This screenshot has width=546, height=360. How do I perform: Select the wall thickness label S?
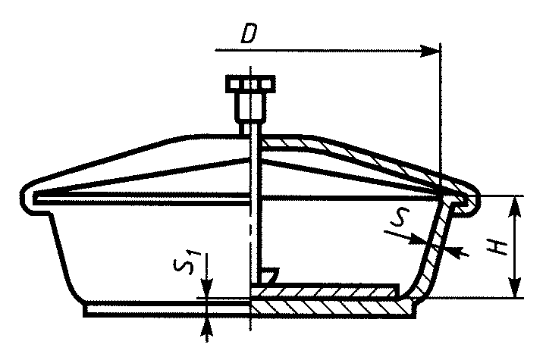pyautogui.click(x=400, y=218)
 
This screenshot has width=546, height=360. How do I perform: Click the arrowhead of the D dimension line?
pyautogui.click(x=430, y=51)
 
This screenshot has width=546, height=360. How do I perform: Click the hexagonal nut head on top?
pyautogui.click(x=250, y=84)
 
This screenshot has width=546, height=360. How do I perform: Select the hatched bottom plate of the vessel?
pyautogui.click(x=333, y=308)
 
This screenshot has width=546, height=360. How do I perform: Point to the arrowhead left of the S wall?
pyautogui.click(x=418, y=239)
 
